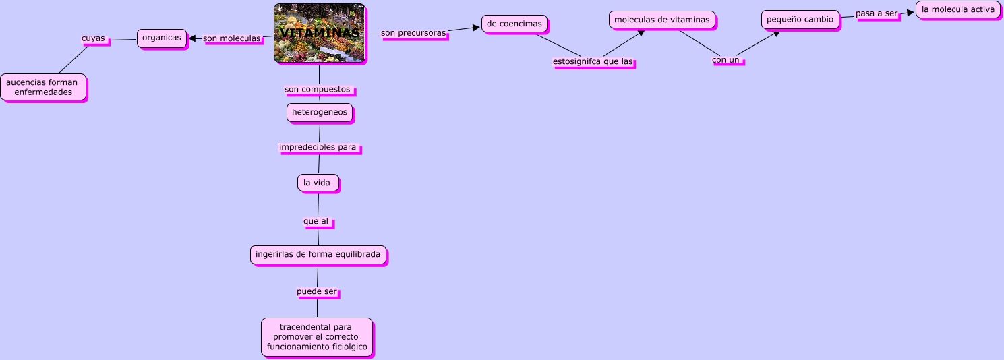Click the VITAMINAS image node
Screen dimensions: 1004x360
319,33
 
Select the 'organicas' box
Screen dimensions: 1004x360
162,38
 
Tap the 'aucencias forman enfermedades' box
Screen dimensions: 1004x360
43,87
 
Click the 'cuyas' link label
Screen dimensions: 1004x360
93,38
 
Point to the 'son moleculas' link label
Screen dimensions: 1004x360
232,39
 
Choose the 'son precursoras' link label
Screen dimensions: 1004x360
413,33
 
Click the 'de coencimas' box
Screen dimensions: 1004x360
514,24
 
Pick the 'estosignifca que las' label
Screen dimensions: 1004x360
593,62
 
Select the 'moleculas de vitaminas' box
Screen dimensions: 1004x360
661,20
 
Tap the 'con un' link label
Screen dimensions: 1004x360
726,60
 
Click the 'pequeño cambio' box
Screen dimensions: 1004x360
800,20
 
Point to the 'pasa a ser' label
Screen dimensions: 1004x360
877,13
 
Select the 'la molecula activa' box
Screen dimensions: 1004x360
957,10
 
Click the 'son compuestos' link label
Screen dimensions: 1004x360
318,90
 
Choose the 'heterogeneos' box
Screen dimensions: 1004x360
320,113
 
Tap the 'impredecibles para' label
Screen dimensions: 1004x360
318,147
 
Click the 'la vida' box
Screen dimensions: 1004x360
318,183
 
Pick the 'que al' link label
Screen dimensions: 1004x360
317,221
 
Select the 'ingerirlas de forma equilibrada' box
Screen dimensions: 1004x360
318,255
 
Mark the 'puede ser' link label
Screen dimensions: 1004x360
317,292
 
